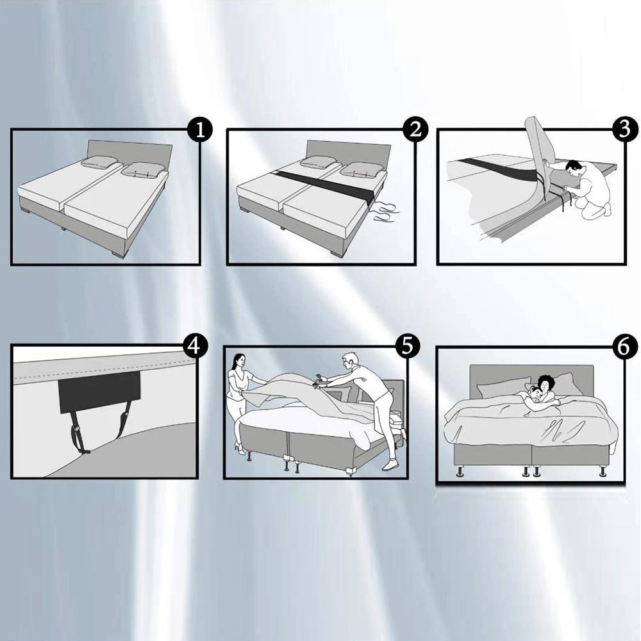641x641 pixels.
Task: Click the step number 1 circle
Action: pos(200,131)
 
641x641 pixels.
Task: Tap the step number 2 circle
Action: pos(415,131)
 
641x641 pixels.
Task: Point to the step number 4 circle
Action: pos(196,346)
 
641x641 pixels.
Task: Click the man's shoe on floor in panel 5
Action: pos(390,466)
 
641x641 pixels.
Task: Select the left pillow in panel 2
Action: pos(319,162)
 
